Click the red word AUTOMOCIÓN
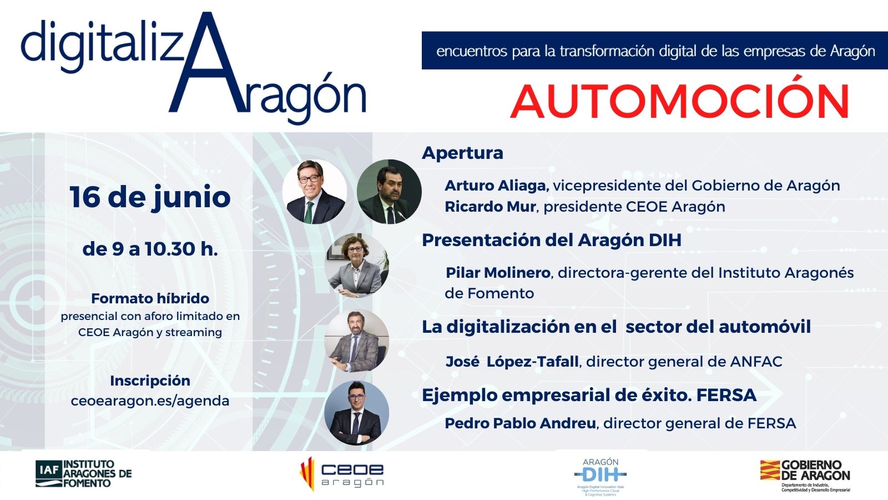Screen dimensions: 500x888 [x=679, y=101]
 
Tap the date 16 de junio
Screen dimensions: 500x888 [x=150, y=197]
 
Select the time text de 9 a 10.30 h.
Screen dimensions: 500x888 [x=150, y=249]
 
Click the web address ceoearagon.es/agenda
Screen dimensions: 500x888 [x=150, y=401]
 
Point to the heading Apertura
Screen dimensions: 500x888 [x=462, y=153]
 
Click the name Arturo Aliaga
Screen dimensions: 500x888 [x=496, y=186]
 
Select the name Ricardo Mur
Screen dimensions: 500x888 [x=490, y=207]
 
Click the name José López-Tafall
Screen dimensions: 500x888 [x=512, y=362]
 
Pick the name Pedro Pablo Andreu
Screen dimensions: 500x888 [x=520, y=423]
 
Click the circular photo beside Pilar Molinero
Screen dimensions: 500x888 [x=356, y=265]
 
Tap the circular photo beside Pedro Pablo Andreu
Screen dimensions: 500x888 [x=356, y=413]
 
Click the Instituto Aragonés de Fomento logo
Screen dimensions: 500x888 [x=84, y=474]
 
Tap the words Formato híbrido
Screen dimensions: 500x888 [x=150, y=298]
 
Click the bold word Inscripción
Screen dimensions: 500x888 [x=150, y=381]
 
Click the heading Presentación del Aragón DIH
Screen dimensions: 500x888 [x=551, y=240]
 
